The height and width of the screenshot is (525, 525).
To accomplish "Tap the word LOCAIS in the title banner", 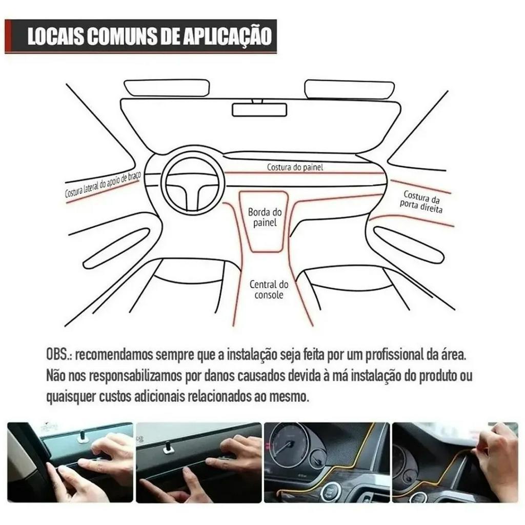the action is point(55,36).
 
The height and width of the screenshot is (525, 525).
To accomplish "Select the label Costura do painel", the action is point(295,167).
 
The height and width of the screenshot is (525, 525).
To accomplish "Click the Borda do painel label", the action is point(265,217).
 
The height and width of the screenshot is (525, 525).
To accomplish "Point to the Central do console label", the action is point(269,290).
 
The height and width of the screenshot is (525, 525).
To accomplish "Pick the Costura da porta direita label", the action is point(421,202).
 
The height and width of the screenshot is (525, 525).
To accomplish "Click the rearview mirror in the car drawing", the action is point(259,110).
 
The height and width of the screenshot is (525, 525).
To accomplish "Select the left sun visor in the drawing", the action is point(167,89).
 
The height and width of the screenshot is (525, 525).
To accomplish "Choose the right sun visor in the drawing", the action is point(350,90).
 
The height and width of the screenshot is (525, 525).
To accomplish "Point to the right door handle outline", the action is point(409,245).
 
